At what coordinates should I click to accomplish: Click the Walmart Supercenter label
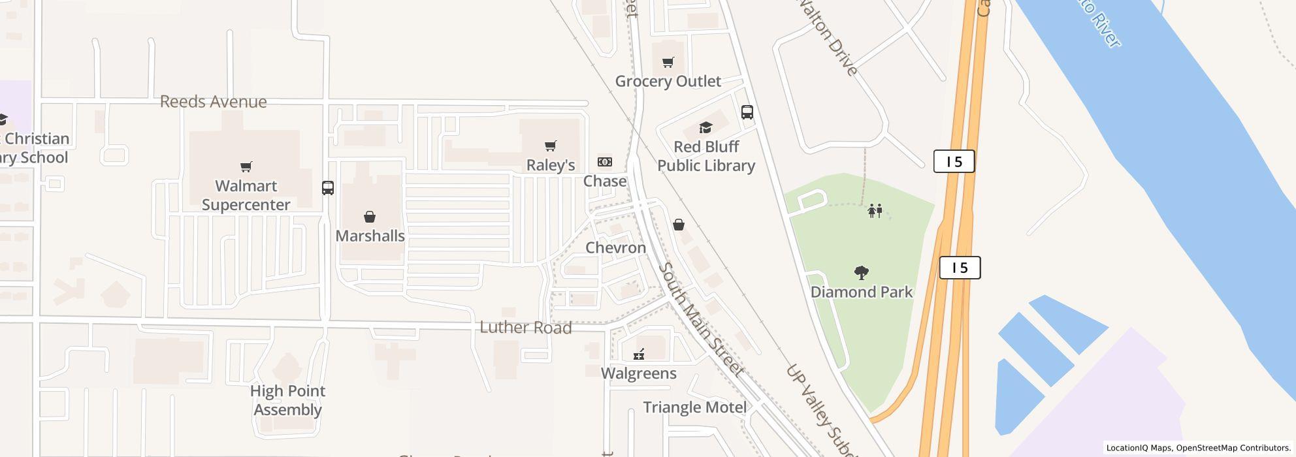coord(246,195)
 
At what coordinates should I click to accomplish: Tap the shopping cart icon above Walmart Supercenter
coord(246,167)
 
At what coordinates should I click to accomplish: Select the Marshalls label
coord(370,236)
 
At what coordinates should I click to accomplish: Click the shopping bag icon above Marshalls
coord(370,217)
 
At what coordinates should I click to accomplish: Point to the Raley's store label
coord(551,165)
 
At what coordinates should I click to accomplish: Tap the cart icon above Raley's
coord(551,146)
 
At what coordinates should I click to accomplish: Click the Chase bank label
coord(605,181)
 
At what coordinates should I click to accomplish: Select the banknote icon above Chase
coord(605,162)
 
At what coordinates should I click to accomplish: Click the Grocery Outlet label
coord(668,81)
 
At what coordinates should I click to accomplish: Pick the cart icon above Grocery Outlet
coord(668,63)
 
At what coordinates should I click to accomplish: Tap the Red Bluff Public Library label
coord(706,156)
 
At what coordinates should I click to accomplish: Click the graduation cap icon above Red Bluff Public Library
coord(705,127)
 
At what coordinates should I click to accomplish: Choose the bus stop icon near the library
coord(747,112)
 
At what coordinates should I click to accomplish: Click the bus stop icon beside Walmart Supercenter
coord(328,188)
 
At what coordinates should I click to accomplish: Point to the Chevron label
coord(615,247)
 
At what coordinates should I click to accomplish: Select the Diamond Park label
coord(861,292)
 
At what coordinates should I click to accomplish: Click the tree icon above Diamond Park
coord(862,272)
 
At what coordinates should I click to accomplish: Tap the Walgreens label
coord(638,373)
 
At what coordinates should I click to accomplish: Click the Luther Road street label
coord(526,327)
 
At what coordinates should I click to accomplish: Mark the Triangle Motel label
coord(694,407)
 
